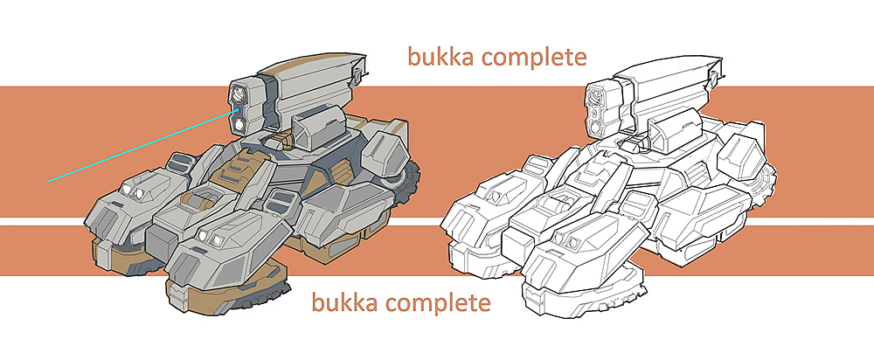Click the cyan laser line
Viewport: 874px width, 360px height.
[x=141, y=147]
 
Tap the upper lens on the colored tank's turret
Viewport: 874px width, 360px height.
[x=239, y=94]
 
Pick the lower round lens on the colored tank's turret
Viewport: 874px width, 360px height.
[x=240, y=124]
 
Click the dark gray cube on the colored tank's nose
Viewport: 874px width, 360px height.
[x=161, y=241]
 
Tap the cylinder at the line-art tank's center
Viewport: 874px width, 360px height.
[x=558, y=201]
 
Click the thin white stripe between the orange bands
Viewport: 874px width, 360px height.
[x=437, y=222]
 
